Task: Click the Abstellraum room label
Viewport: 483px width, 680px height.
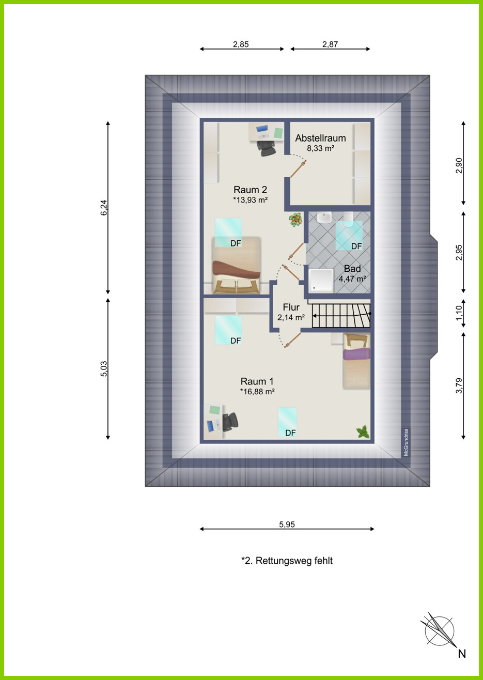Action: tap(320, 138)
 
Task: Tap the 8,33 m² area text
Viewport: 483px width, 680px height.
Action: tap(320, 148)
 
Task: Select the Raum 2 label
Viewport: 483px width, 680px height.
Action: tap(250, 190)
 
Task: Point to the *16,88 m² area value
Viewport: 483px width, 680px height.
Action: tap(257, 392)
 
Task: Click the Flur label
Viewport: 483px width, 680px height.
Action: tap(291, 307)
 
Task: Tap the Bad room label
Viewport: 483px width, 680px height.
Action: tap(352, 269)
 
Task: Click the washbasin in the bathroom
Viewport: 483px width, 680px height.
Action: tap(324, 218)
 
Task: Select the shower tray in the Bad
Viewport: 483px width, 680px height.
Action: tap(321, 281)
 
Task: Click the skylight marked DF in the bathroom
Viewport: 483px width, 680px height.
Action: tap(349, 235)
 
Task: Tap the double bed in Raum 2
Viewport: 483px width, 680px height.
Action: tap(237, 265)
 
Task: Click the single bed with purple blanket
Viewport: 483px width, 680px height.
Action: tap(357, 361)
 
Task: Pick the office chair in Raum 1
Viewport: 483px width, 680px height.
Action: tap(230, 422)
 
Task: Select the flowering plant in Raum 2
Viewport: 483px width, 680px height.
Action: tap(295, 219)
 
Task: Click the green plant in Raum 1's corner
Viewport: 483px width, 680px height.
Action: tap(363, 431)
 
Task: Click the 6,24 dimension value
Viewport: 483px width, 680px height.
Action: tap(104, 208)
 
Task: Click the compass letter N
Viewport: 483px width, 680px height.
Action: tap(462, 654)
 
